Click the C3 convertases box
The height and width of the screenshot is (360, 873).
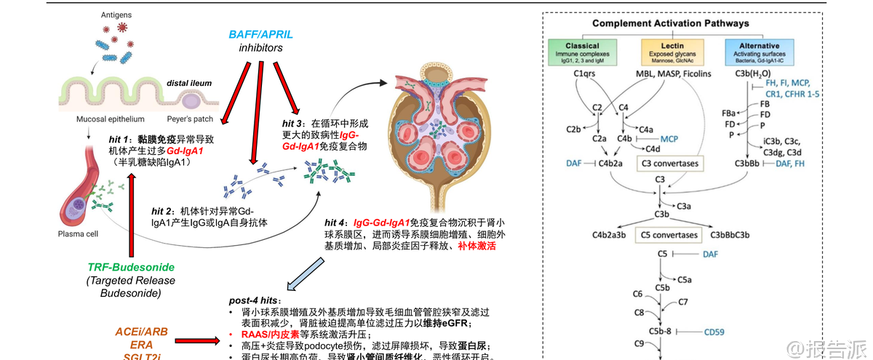point(669,164)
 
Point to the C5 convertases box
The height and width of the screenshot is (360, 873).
point(669,235)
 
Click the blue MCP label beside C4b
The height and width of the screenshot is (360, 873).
point(669,137)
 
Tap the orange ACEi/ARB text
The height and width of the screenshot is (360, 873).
point(141,332)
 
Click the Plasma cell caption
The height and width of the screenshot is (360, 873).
point(78,234)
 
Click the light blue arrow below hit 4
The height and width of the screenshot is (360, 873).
point(299,274)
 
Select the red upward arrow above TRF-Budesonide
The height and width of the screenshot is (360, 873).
point(132,218)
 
